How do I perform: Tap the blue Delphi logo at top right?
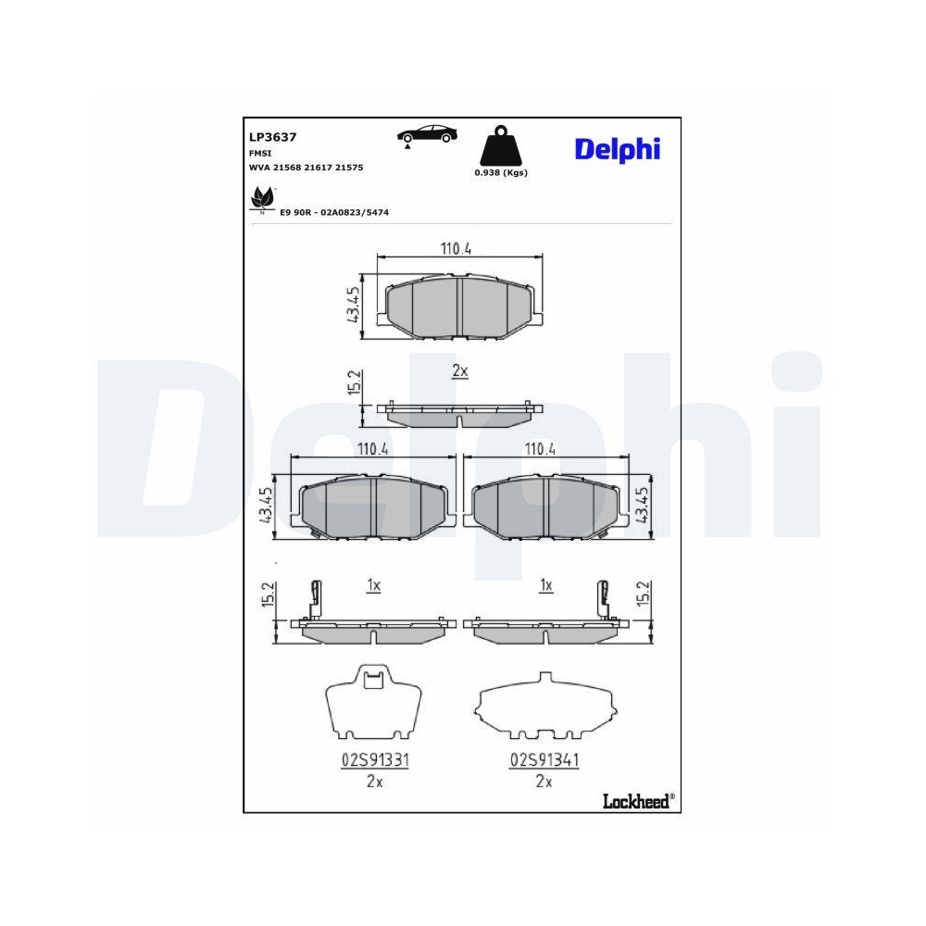617,149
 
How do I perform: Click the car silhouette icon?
427,134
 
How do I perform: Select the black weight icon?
500,145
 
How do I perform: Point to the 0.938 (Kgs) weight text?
500,173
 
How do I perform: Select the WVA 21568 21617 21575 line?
306,168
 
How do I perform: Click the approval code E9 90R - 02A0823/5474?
333,213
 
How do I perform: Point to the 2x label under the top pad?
460,370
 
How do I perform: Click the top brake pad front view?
460,307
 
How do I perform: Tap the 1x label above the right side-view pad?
545,585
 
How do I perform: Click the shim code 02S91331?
375,759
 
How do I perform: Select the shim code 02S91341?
544,759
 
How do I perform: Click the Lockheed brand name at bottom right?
638,800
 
